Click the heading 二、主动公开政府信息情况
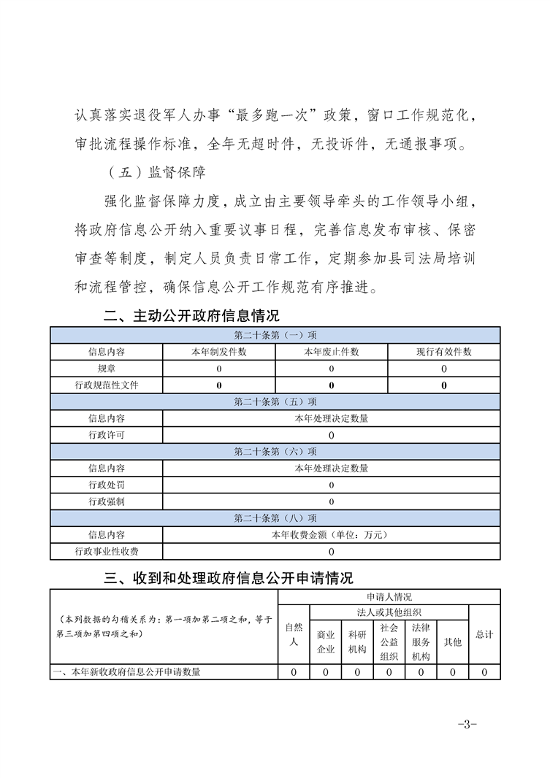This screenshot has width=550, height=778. pos(191,316)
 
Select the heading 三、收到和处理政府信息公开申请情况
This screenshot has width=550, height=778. pos(229,578)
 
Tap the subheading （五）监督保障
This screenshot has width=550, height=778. pos(155,173)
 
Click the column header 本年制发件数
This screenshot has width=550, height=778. pos(219,352)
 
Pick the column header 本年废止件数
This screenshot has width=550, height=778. pos(332,352)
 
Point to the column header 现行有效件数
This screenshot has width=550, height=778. pos(444,352)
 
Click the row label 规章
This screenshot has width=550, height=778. pos(107,369)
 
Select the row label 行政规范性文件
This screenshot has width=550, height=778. pos(107,385)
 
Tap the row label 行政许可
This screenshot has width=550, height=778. pos(107,435)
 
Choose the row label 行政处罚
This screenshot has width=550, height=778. pos(107,485)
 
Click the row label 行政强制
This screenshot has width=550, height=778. pos(107,501)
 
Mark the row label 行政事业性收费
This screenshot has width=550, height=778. pos(107,552)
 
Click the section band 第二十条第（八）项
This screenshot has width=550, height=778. pos(275,518)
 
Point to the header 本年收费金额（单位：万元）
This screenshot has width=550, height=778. pos(332,535)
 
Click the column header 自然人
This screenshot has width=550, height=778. pos(294,634)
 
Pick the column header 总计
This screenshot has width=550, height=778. pos(484,634)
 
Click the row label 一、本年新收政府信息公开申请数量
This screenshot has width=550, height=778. pos(128,672)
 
